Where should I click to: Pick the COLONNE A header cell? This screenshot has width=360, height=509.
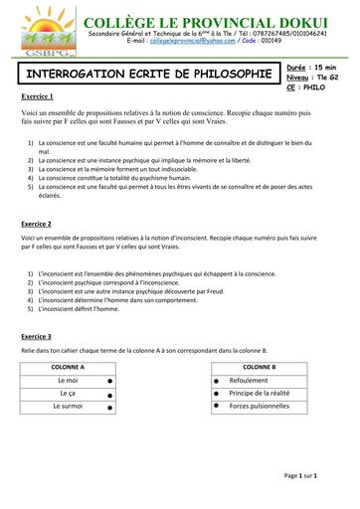[69, 367]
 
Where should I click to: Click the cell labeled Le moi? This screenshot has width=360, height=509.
[69, 380]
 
